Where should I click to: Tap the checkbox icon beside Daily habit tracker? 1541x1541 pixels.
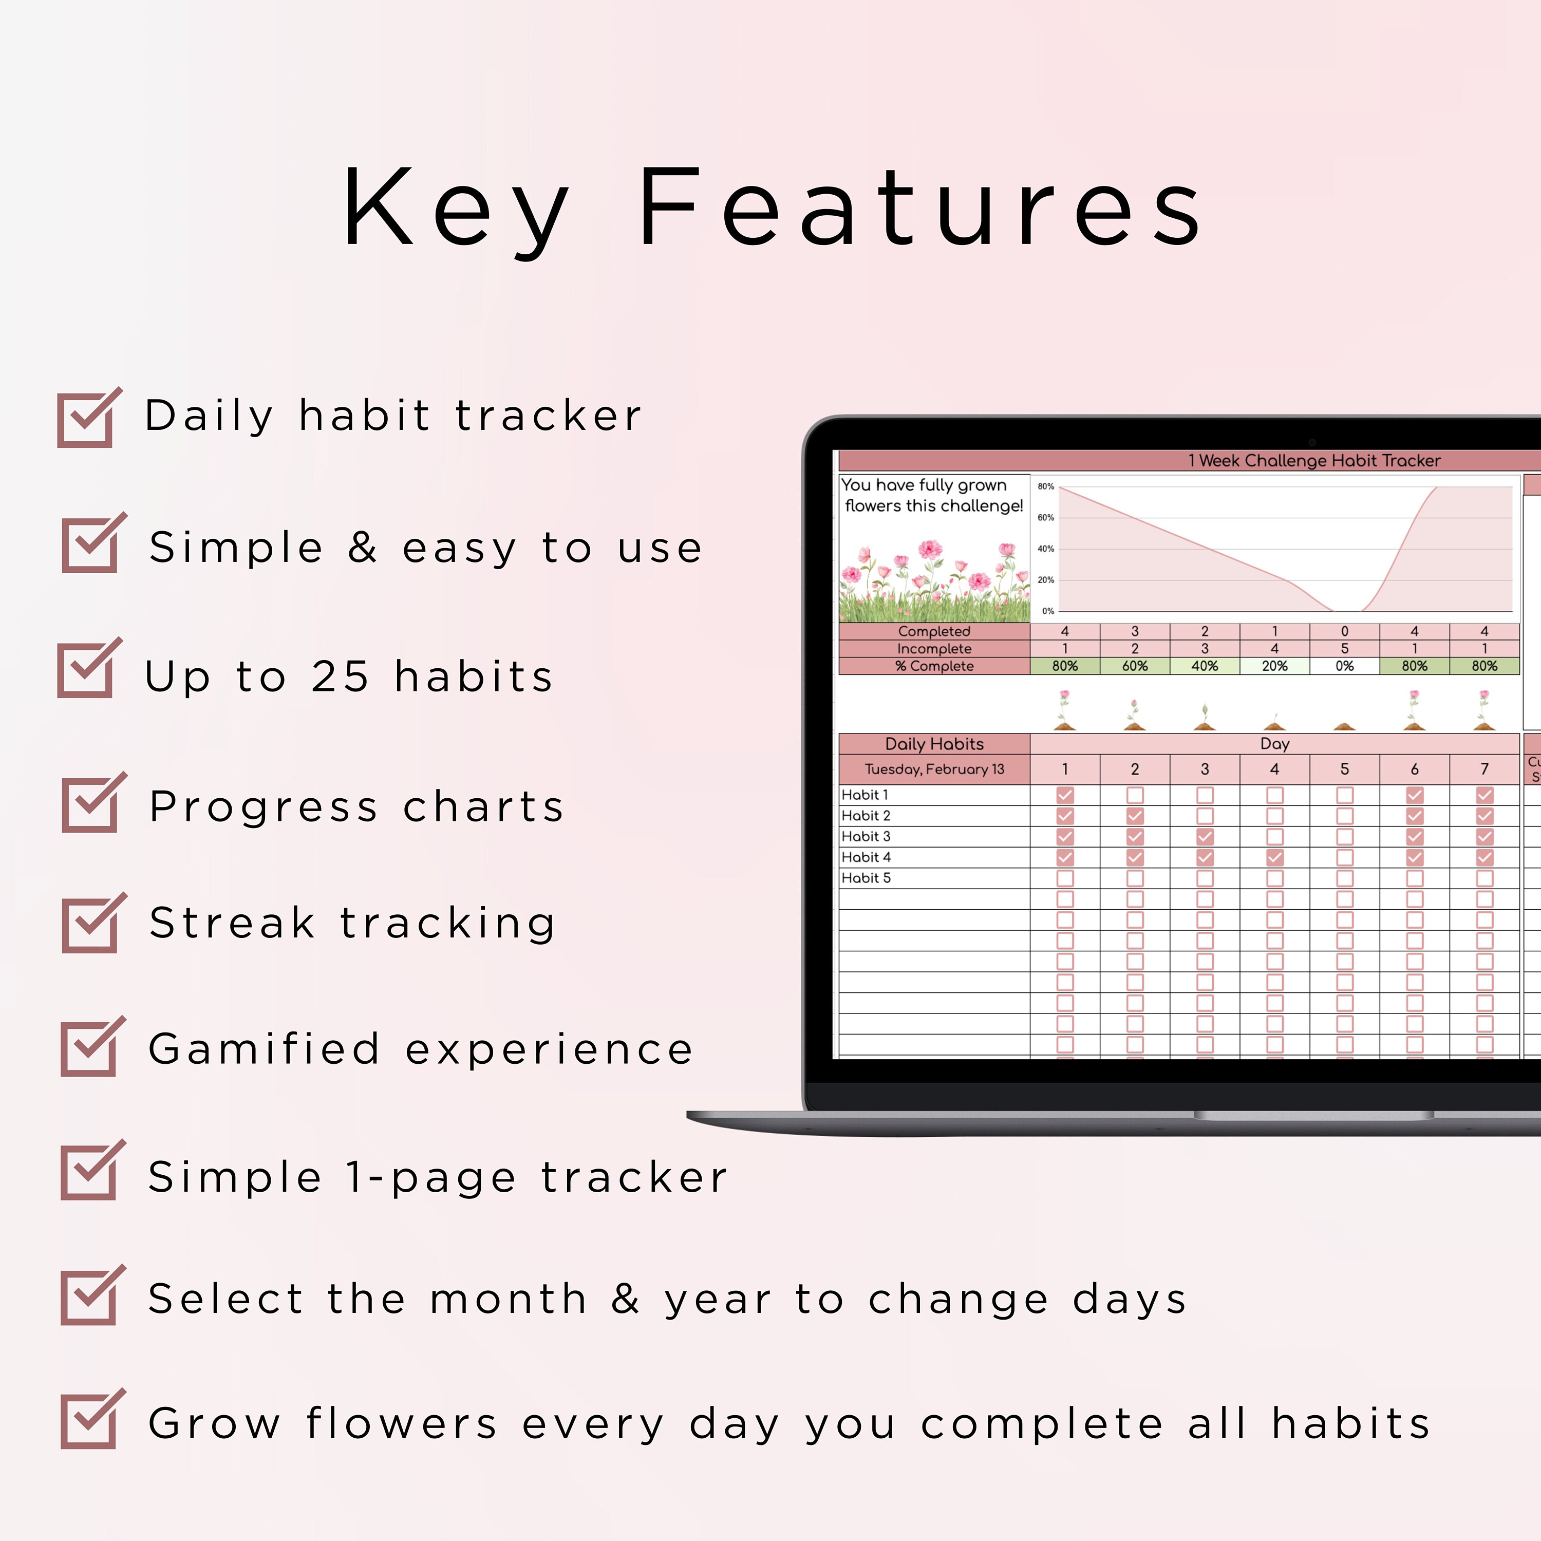tap(88, 418)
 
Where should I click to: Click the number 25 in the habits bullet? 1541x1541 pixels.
tap(341, 676)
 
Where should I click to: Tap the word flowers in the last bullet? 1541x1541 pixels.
tap(402, 1424)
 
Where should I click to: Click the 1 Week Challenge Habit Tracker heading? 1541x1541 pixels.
tap(1313, 460)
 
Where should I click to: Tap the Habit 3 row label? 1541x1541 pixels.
tap(866, 836)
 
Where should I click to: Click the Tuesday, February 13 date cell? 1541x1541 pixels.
tap(934, 769)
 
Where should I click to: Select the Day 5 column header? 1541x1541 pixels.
tap(1344, 769)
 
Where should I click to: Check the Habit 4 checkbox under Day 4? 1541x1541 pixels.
tap(1274, 857)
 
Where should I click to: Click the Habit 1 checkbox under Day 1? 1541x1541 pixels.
tap(1065, 795)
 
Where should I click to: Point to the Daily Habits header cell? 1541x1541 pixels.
tap(934, 743)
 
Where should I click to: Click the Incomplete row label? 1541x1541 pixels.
tap(934, 648)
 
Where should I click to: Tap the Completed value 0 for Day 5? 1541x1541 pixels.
tap(1344, 631)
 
